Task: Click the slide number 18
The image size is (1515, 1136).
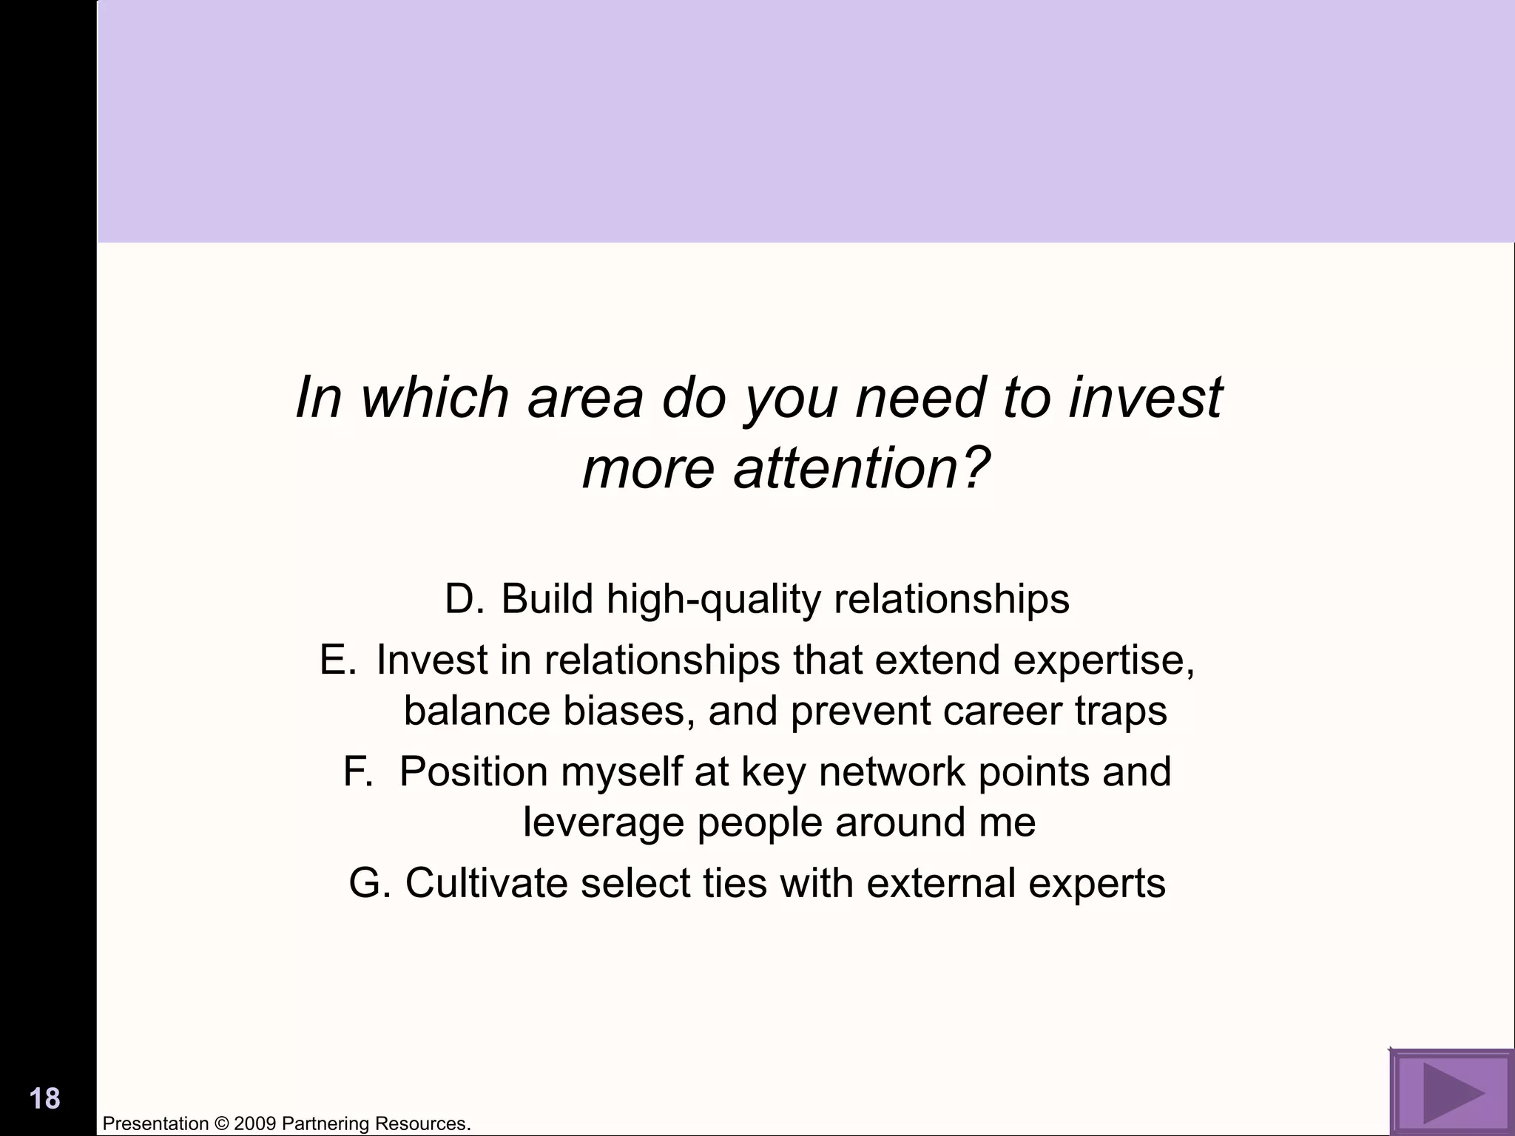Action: [x=45, y=1098]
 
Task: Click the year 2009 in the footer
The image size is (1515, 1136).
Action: [x=255, y=1124]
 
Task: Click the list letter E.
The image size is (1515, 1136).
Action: [x=338, y=659]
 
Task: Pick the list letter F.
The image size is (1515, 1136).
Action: [x=357, y=771]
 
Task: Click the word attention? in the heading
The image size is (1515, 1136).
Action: [x=861, y=469]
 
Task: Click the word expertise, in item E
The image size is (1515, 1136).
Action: [x=1104, y=659]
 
